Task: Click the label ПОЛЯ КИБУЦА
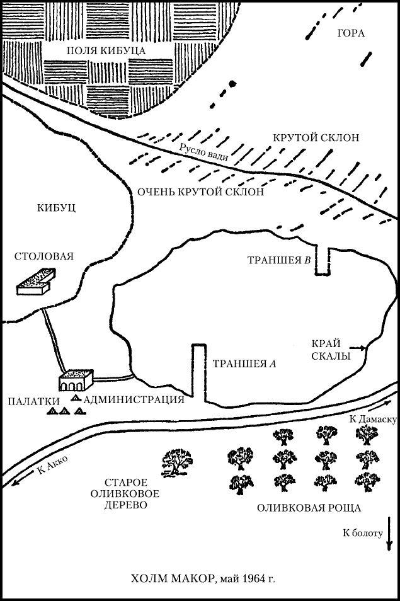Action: (106, 50)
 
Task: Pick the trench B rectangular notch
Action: (323, 261)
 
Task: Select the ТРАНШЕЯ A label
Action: (244, 363)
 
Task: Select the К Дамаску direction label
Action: (371, 419)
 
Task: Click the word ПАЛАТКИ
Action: (33, 400)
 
